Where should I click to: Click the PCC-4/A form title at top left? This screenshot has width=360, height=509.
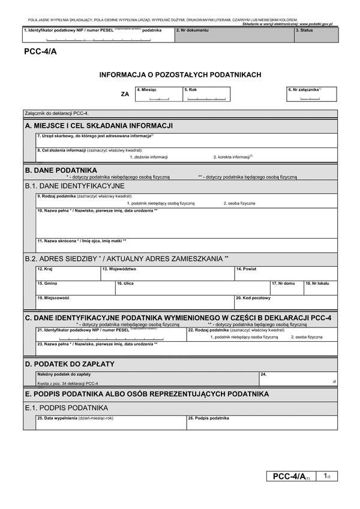(41, 52)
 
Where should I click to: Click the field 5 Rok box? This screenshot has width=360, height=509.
(205, 95)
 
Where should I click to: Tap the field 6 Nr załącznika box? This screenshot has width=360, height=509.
(311, 94)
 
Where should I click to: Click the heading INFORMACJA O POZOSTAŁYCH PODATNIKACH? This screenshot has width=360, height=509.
(180, 75)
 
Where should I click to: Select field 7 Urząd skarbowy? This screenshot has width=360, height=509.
(186, 139)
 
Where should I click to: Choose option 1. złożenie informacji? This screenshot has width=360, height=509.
(149, 156)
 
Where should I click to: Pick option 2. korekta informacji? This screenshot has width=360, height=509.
(233, 156)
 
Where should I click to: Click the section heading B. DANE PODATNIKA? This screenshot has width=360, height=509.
(61, 170)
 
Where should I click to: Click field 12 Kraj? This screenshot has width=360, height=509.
(68, 273)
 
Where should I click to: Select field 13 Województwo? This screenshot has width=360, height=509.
(167, 273)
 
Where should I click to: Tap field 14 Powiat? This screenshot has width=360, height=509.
(286, 273)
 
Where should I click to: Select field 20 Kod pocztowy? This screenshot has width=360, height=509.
(286, 302)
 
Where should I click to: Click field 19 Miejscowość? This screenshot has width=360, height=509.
(134, 302)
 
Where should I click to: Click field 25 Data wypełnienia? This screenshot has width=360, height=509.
(111, 423)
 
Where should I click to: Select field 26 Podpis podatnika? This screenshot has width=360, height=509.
(262, 423)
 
